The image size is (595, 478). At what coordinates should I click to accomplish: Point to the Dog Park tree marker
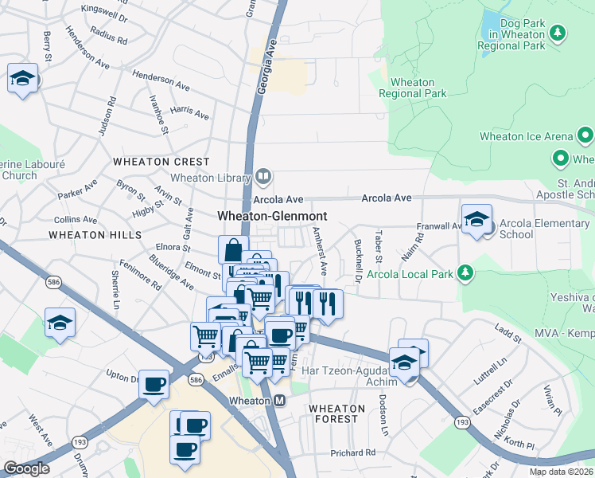[558, 33]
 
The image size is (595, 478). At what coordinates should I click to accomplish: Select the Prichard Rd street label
[352, 453]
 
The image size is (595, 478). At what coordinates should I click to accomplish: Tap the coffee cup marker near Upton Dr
[154, 383]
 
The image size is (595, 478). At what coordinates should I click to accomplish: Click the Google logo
[26, 468]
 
